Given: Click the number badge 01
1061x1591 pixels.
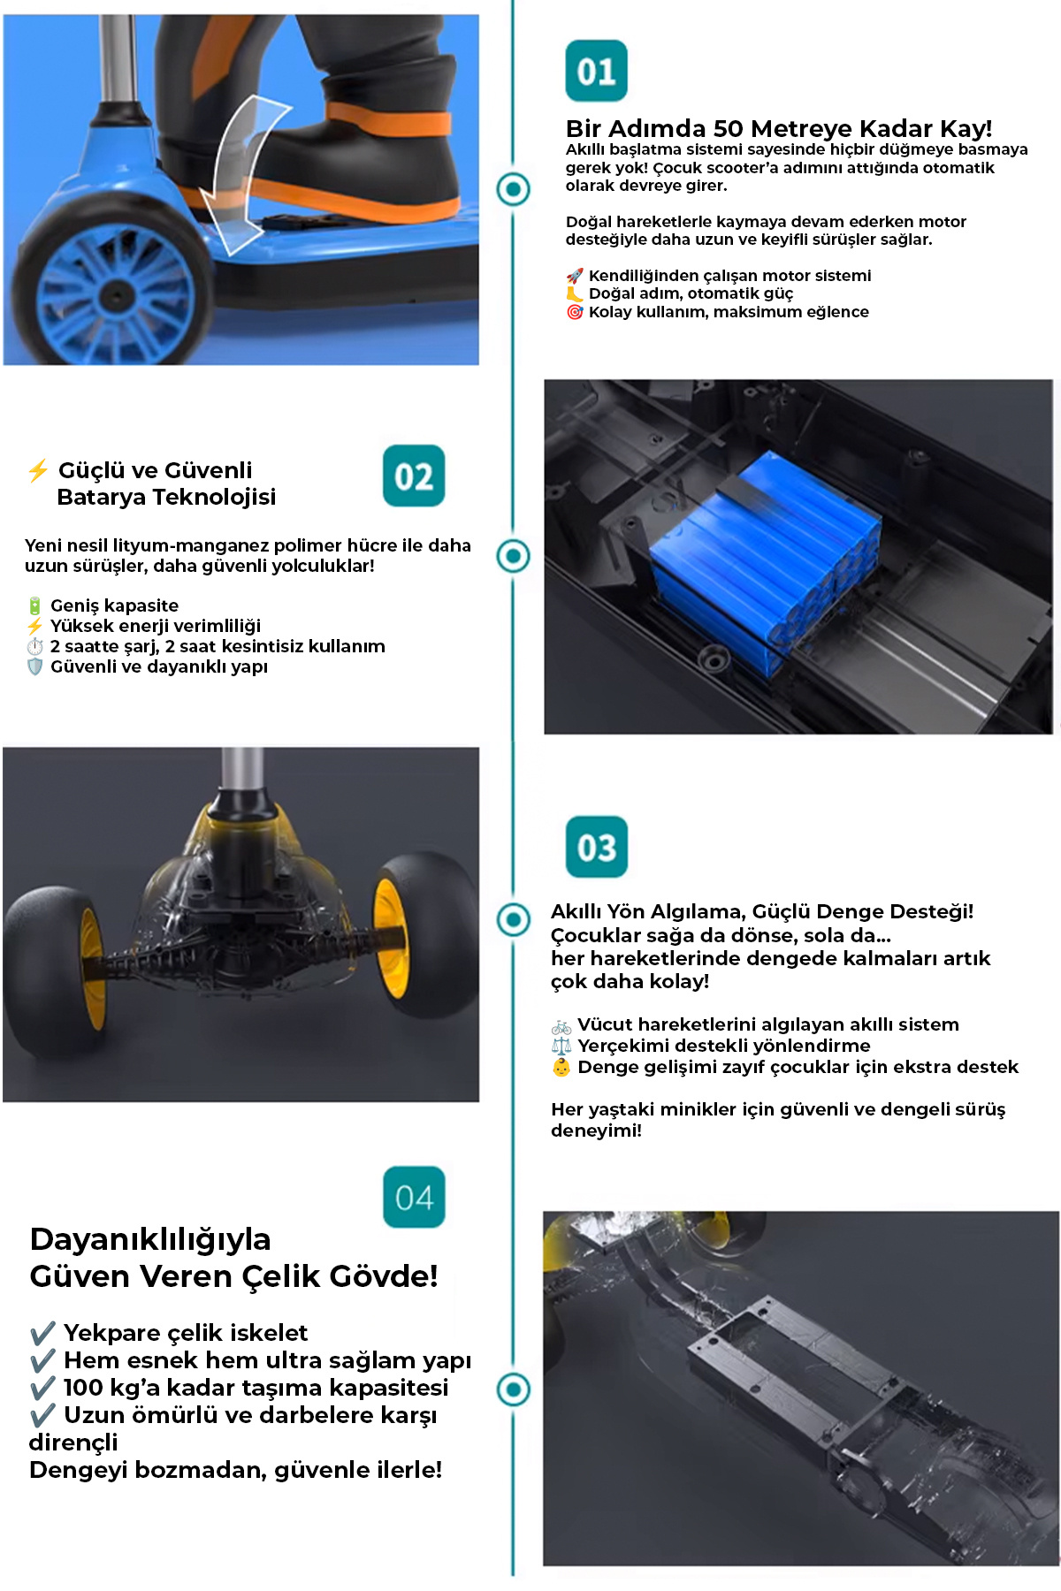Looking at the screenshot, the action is [596, 71].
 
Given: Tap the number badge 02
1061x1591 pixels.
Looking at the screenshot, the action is [414, 476].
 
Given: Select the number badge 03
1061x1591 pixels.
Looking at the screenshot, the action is [596, 847].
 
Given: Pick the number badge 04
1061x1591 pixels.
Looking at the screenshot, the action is [414, 1197].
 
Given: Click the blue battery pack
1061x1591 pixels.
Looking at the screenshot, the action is [765, 557].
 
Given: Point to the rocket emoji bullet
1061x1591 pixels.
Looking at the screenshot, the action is [575, 276].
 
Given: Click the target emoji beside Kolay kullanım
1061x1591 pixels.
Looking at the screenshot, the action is [575, 312].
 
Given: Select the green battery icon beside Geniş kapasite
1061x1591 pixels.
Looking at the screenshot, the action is [34, 605].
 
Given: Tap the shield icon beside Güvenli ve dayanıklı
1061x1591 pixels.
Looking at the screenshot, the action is [34, 666].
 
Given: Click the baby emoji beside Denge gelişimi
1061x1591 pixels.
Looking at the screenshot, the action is [561, 1067].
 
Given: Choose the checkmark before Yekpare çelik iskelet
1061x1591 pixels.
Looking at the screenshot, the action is [42, 1333].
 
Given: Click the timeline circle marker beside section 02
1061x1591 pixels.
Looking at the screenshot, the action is [514, 556].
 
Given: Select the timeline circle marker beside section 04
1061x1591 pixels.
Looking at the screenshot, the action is [514, 1389].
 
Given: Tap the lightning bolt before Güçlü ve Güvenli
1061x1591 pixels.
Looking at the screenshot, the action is [38, 470].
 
